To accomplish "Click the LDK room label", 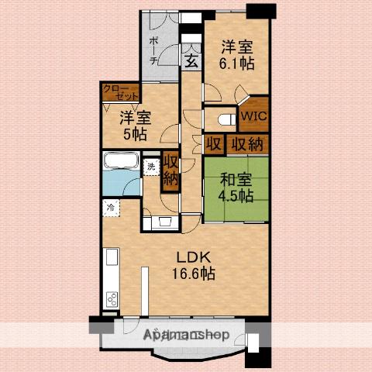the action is coord(193,257).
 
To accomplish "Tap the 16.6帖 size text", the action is coord(194,274).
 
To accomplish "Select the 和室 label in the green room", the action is coord(236,180).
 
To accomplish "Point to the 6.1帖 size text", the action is coord(237,63).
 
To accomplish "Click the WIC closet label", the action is coord(254,115).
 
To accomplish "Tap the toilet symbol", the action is coord(227,120).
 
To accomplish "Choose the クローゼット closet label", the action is coord(120,93).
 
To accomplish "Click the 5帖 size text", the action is coord(135,134).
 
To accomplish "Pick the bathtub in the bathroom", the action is coord(121,160).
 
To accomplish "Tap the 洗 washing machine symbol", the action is coord(151,167).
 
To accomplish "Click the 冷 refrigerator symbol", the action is coord(111,208).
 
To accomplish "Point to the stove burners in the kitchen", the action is coord(112,299).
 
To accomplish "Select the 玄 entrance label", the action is coord(191,62).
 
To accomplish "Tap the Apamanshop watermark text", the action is coord(186,335).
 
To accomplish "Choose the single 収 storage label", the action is coord(214,144).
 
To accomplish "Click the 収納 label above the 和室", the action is coord(247,144).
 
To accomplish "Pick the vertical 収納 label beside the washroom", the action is coord(170,170).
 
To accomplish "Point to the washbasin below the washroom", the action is coord(165,222).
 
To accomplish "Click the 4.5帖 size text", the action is coord(236,195).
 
